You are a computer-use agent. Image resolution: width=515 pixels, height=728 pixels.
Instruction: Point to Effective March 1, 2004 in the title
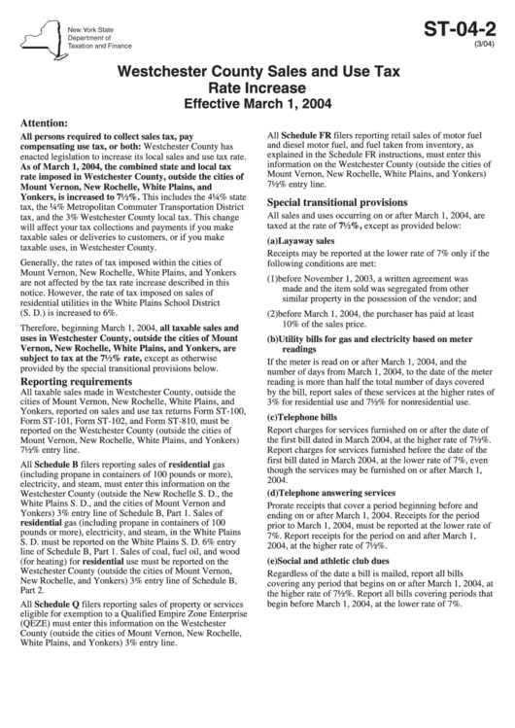point(257,101)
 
